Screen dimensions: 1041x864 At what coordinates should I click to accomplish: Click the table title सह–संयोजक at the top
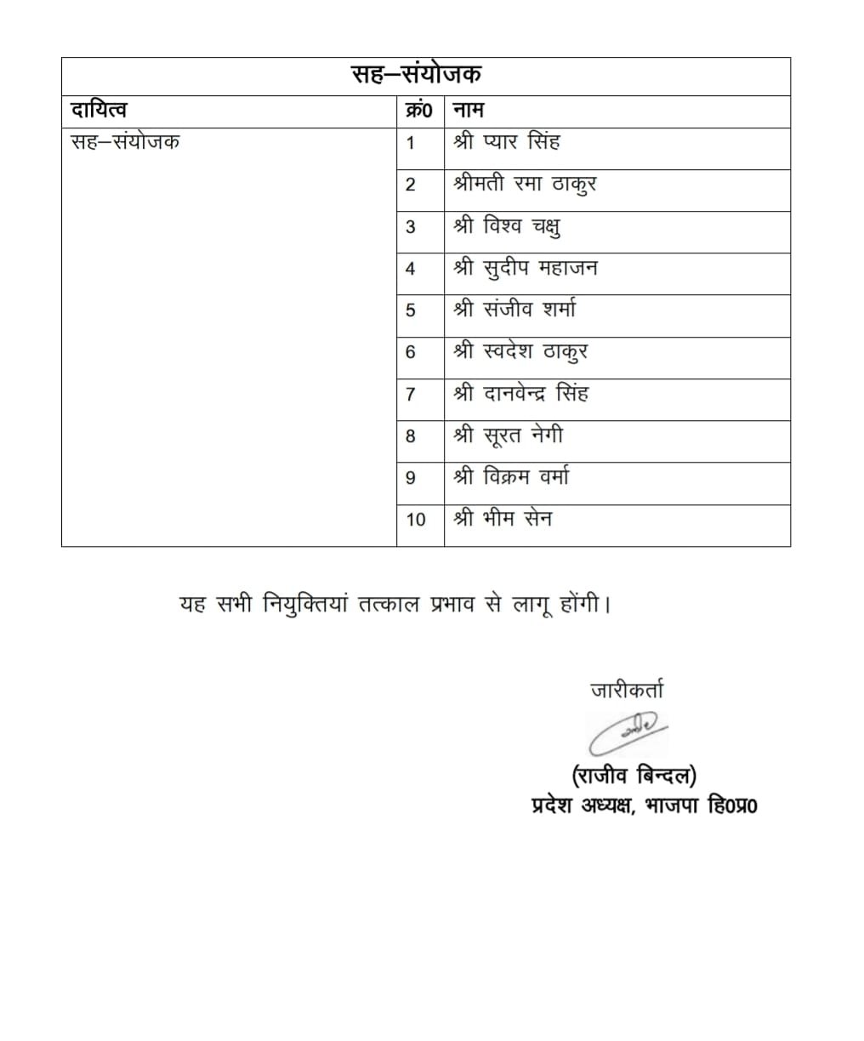(x=417, y=75)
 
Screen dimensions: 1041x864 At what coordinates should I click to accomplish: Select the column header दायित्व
(x=99, y=111)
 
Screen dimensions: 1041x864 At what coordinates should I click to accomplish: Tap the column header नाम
(x=469, y=111)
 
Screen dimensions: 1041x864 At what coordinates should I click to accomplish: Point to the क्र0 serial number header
(x=419, y=111)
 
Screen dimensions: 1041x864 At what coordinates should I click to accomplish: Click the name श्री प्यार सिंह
(x=507, y=142)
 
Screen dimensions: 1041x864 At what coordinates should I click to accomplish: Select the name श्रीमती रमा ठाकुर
(x=525, y=184)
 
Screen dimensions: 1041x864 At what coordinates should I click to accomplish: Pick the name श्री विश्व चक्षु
(x=507, y=226)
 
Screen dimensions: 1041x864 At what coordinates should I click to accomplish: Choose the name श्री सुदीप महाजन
(x=526, y=268)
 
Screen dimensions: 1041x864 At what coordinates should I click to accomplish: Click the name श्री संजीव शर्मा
(x=514, y=310)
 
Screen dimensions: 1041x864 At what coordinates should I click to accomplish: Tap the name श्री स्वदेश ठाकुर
(x=520, y=351)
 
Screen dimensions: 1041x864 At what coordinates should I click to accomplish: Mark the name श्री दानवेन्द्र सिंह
(x=520, y=394)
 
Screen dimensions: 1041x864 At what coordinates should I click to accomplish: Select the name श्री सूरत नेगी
(x=508, y=435)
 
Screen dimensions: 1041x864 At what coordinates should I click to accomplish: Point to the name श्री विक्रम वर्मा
(x=511, y=477)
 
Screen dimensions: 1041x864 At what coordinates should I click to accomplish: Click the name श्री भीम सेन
(x=503, y=519)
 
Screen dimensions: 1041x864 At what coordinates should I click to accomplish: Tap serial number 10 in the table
(x=416, y=520)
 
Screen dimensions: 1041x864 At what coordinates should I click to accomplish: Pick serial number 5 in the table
(x=411, y=310)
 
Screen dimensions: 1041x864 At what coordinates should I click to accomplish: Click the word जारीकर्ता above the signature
(x=627, y=690)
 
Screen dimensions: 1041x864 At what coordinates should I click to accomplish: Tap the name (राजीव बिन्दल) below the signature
(x=634, y=775)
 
